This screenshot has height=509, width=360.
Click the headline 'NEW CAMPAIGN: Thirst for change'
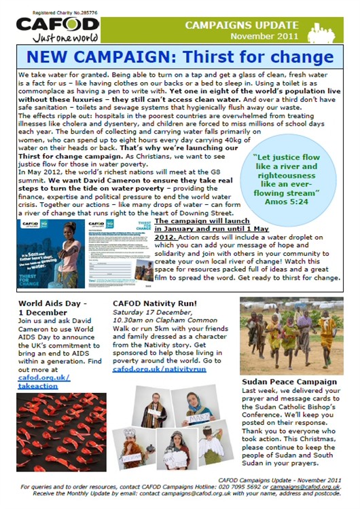pos(179,56)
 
